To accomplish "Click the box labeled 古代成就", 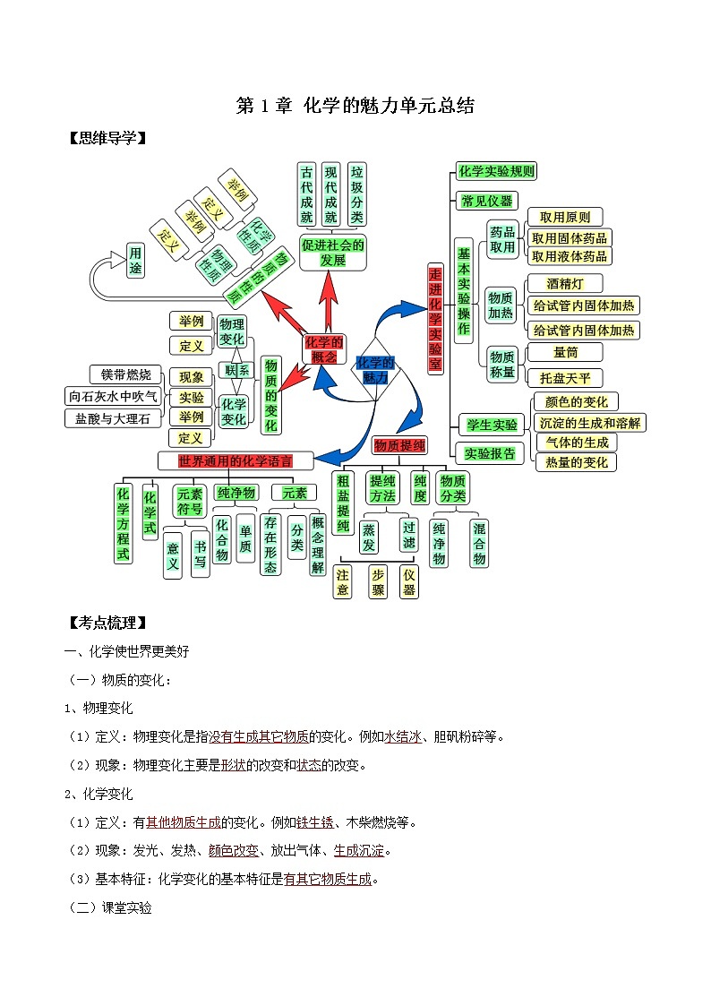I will [308, 193].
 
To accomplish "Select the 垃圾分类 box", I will [357, 193].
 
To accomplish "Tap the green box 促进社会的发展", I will [332, 253].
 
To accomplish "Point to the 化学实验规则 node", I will [496, 171].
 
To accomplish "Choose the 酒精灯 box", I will [565, 284].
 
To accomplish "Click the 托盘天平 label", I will [565, 377].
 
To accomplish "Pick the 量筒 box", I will [565, 352].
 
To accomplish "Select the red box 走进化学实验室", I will [436, 319].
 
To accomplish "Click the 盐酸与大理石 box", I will [114, 417].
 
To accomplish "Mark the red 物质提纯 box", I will [399, 445].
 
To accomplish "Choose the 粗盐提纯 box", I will [343, 503].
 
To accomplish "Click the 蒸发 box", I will [369, 537].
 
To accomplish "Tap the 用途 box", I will [135, 260].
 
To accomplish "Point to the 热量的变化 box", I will [576, 462].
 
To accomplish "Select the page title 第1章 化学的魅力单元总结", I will [355, 107].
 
